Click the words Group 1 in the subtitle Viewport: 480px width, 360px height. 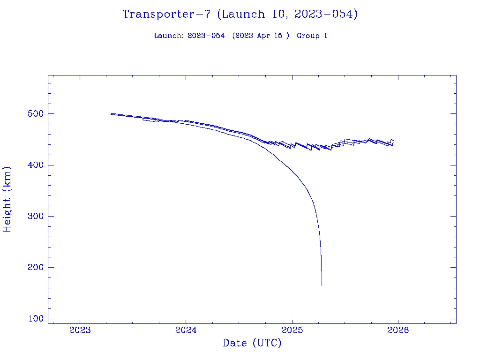point(312,36)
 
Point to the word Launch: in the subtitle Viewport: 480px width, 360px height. point(169,36)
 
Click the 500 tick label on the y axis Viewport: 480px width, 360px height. point(34,114)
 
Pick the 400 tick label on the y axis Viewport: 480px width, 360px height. point(34,165)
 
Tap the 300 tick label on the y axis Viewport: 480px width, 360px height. point(34,216)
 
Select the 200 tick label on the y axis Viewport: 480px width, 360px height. point(34,268)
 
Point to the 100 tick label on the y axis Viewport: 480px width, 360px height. point(34,319)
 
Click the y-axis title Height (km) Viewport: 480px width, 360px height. point(7,199)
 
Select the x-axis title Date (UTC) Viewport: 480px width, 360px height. point(252,344)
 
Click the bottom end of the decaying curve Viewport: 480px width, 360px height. point(322,285)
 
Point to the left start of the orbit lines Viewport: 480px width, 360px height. point(111,114)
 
